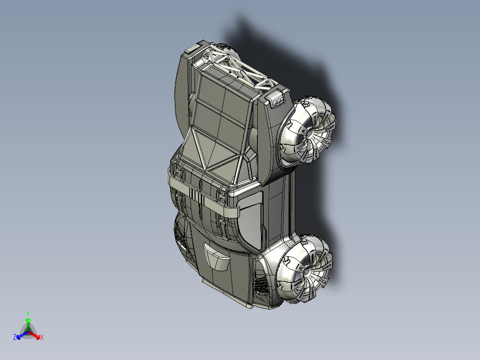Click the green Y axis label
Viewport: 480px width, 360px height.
[x=28, y=313]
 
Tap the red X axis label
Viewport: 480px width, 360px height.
[x=42, y=337]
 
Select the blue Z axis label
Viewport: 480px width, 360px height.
[x=15, y=337]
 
